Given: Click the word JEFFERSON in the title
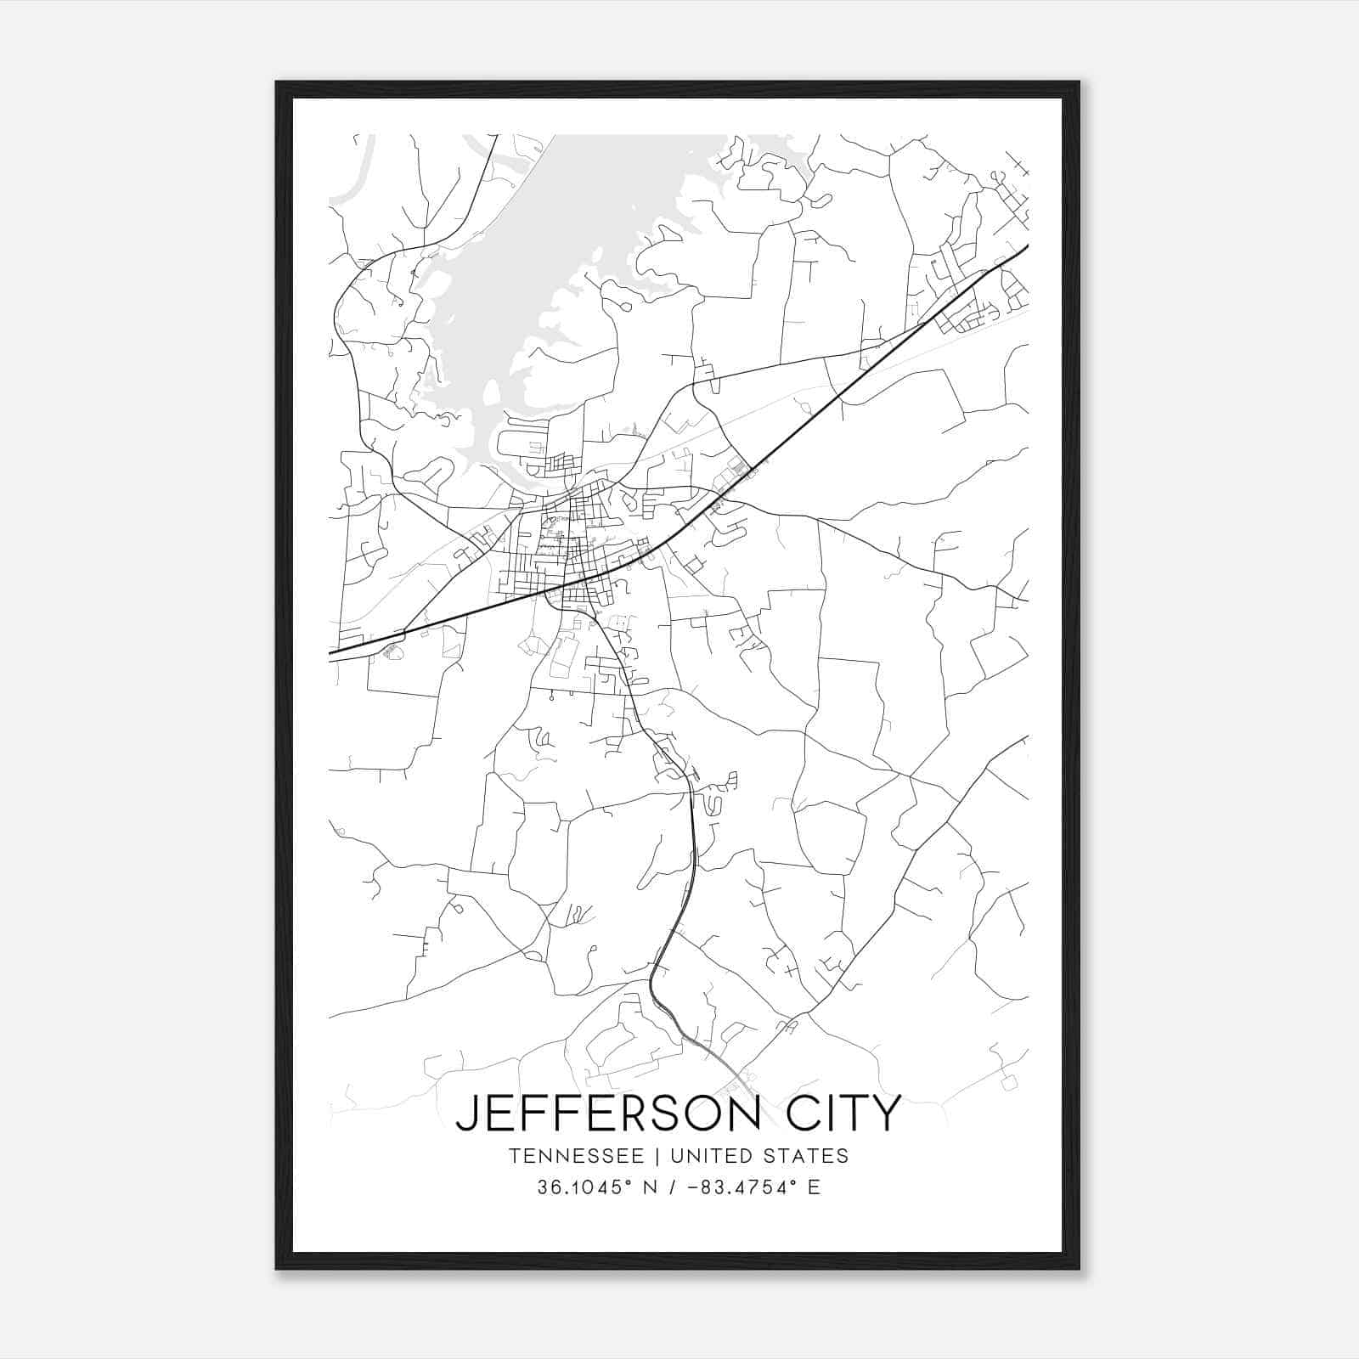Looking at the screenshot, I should [x=608, y=1113].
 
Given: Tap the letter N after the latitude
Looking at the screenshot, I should [x=653, y=1187].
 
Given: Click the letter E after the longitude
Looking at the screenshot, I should [x=814, y=1187].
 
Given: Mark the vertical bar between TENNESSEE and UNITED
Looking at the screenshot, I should [x=663, y=1156].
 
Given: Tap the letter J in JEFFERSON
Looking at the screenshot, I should [x=466, y=1114].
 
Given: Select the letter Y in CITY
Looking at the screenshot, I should [x=884, y=1113].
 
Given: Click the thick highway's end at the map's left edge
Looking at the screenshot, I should [x=330, y=654].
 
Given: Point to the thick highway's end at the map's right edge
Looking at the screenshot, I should [x=1028, y=246].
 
